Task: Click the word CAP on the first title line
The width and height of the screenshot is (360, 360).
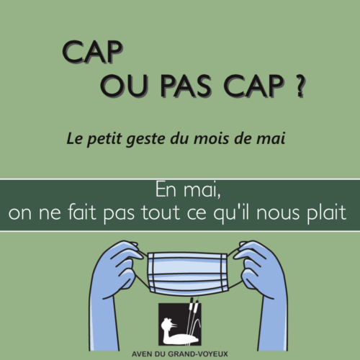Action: [93, 52]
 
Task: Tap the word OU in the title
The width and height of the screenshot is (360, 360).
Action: [123, 86]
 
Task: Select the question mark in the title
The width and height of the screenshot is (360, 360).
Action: [300, 86]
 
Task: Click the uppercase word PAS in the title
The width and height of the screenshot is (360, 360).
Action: [186, 86]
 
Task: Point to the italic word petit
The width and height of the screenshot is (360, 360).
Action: [104, 139]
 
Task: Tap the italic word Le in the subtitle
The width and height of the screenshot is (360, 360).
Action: [75, 139]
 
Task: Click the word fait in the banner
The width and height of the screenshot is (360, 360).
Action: [81, 212]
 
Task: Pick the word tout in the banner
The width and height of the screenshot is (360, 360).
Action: [160, 212]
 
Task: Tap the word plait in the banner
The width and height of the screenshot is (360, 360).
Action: [327, 212]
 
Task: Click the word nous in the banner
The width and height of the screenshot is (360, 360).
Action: [278, 213]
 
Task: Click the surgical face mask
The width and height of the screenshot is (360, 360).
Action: [187, 273]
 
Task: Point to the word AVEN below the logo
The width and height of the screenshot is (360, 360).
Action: [143, 354]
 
